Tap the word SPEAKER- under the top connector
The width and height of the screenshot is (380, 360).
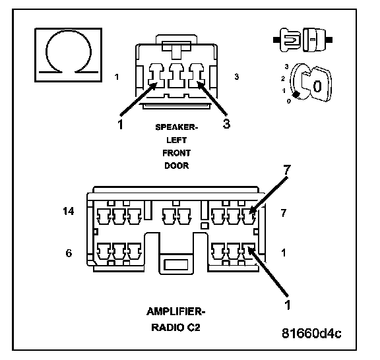pos(177,127)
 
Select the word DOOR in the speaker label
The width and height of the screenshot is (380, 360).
pos(176,165)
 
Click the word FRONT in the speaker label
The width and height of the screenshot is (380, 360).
pos(176,153)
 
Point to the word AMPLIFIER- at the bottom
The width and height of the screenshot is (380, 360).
pos(176,312)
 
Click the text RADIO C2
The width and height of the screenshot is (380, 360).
pos(175,328)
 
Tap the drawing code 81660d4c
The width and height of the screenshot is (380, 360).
pos(311,334)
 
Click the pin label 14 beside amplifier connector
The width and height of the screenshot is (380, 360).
pos(69,211)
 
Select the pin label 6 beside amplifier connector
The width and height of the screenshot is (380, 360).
pos(69,253)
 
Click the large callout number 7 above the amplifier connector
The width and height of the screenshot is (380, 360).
pos(287,169)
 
